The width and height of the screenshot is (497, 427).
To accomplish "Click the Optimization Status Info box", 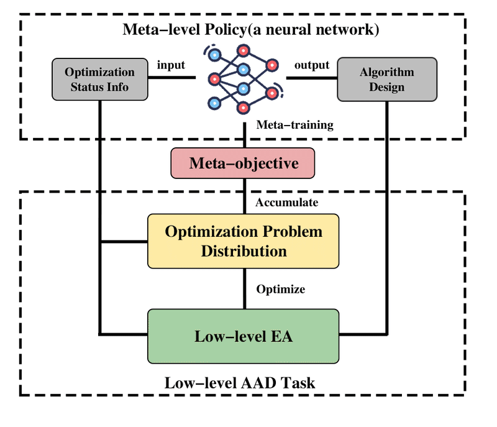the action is [100, 80].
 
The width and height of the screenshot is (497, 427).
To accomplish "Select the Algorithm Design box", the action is [387, 80].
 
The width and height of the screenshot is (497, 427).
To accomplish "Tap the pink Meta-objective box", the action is [243, 163].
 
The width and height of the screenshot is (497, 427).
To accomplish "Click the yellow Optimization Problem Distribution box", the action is [244, 241].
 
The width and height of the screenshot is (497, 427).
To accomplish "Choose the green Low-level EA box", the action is [244, 336].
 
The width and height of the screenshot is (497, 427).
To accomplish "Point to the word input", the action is [171, 65].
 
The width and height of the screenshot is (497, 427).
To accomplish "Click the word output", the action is [312, 65].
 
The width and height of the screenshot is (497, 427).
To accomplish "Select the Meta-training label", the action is [294, 124].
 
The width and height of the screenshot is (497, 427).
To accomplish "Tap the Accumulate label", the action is [287, 202].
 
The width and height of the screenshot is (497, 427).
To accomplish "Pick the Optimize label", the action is [281, 289].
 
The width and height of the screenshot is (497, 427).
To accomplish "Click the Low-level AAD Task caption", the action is [240, 383].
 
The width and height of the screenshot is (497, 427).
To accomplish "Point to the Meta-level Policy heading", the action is [251, 29].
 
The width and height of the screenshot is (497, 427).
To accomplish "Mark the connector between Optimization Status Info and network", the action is [172, 77].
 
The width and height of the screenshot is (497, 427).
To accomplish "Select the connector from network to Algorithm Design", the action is [312, 78].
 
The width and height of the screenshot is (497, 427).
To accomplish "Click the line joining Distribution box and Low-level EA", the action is [244, 289].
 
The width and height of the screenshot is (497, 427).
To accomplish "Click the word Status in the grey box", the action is [84, 87].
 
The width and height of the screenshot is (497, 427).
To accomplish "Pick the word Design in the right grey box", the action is [386, 87].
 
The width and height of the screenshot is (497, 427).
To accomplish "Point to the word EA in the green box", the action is [282, 336].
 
